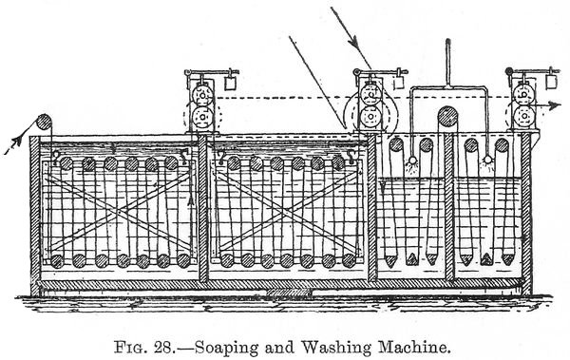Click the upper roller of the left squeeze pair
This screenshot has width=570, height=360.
[199, 98]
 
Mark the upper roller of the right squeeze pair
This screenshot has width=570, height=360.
[522, 98]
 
